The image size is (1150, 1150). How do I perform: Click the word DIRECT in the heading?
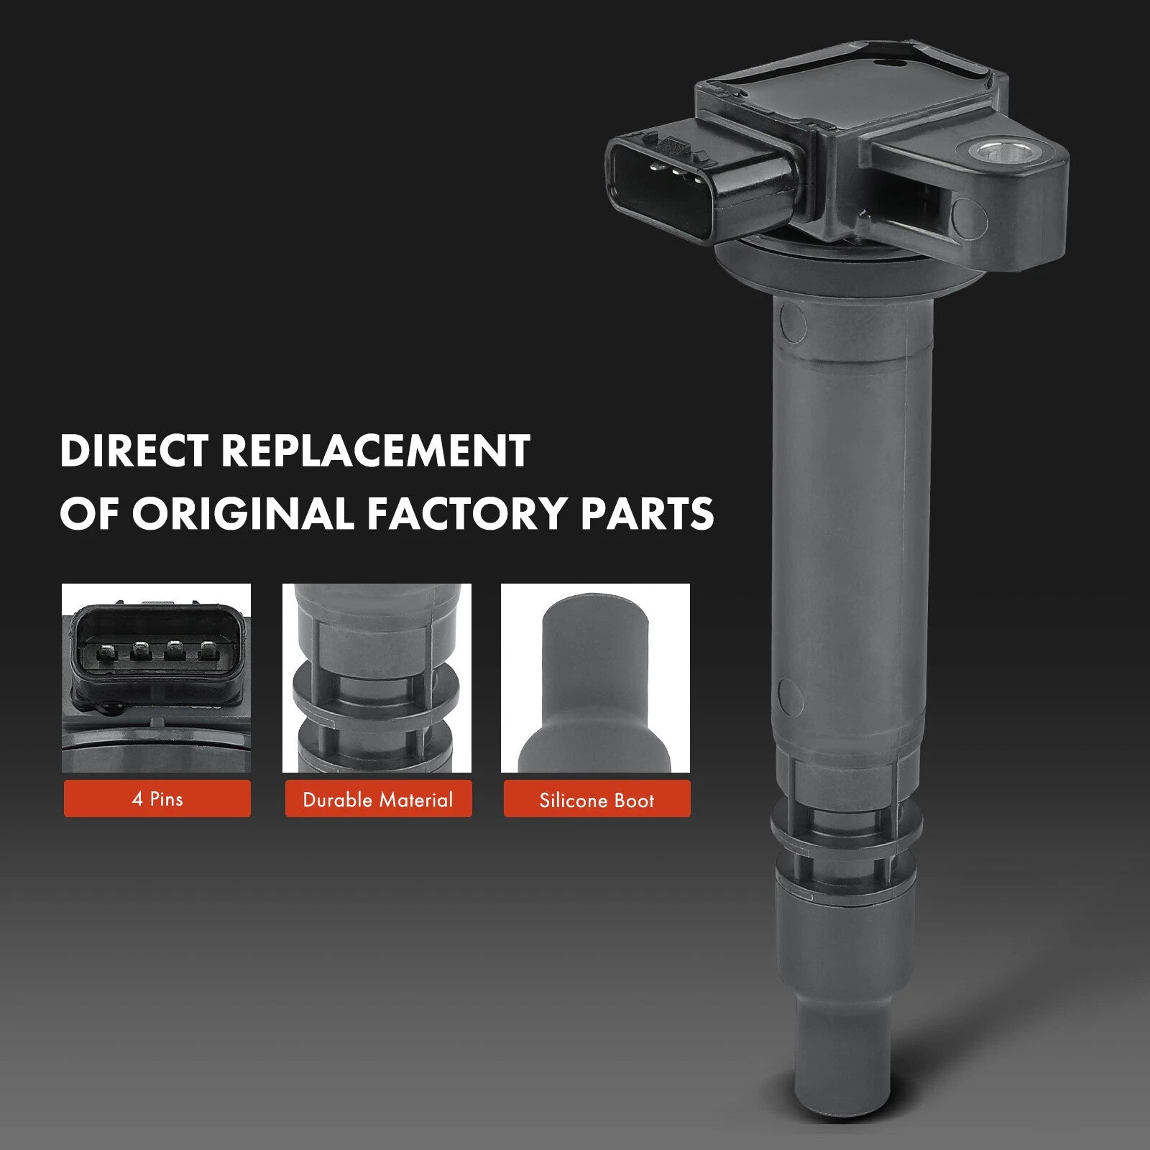click(x=134, y=451)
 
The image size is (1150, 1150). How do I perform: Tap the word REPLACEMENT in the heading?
click(x=375, y=451)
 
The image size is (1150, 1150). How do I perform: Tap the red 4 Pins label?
click(x=157, y=799)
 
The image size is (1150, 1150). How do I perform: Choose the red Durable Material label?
click(x=378, y=799)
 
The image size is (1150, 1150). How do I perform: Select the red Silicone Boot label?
click(x=597, y=799)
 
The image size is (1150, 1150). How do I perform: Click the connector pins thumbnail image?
click(x=157, y=678)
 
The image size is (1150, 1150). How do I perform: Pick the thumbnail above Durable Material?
click(x=377, y=678)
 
